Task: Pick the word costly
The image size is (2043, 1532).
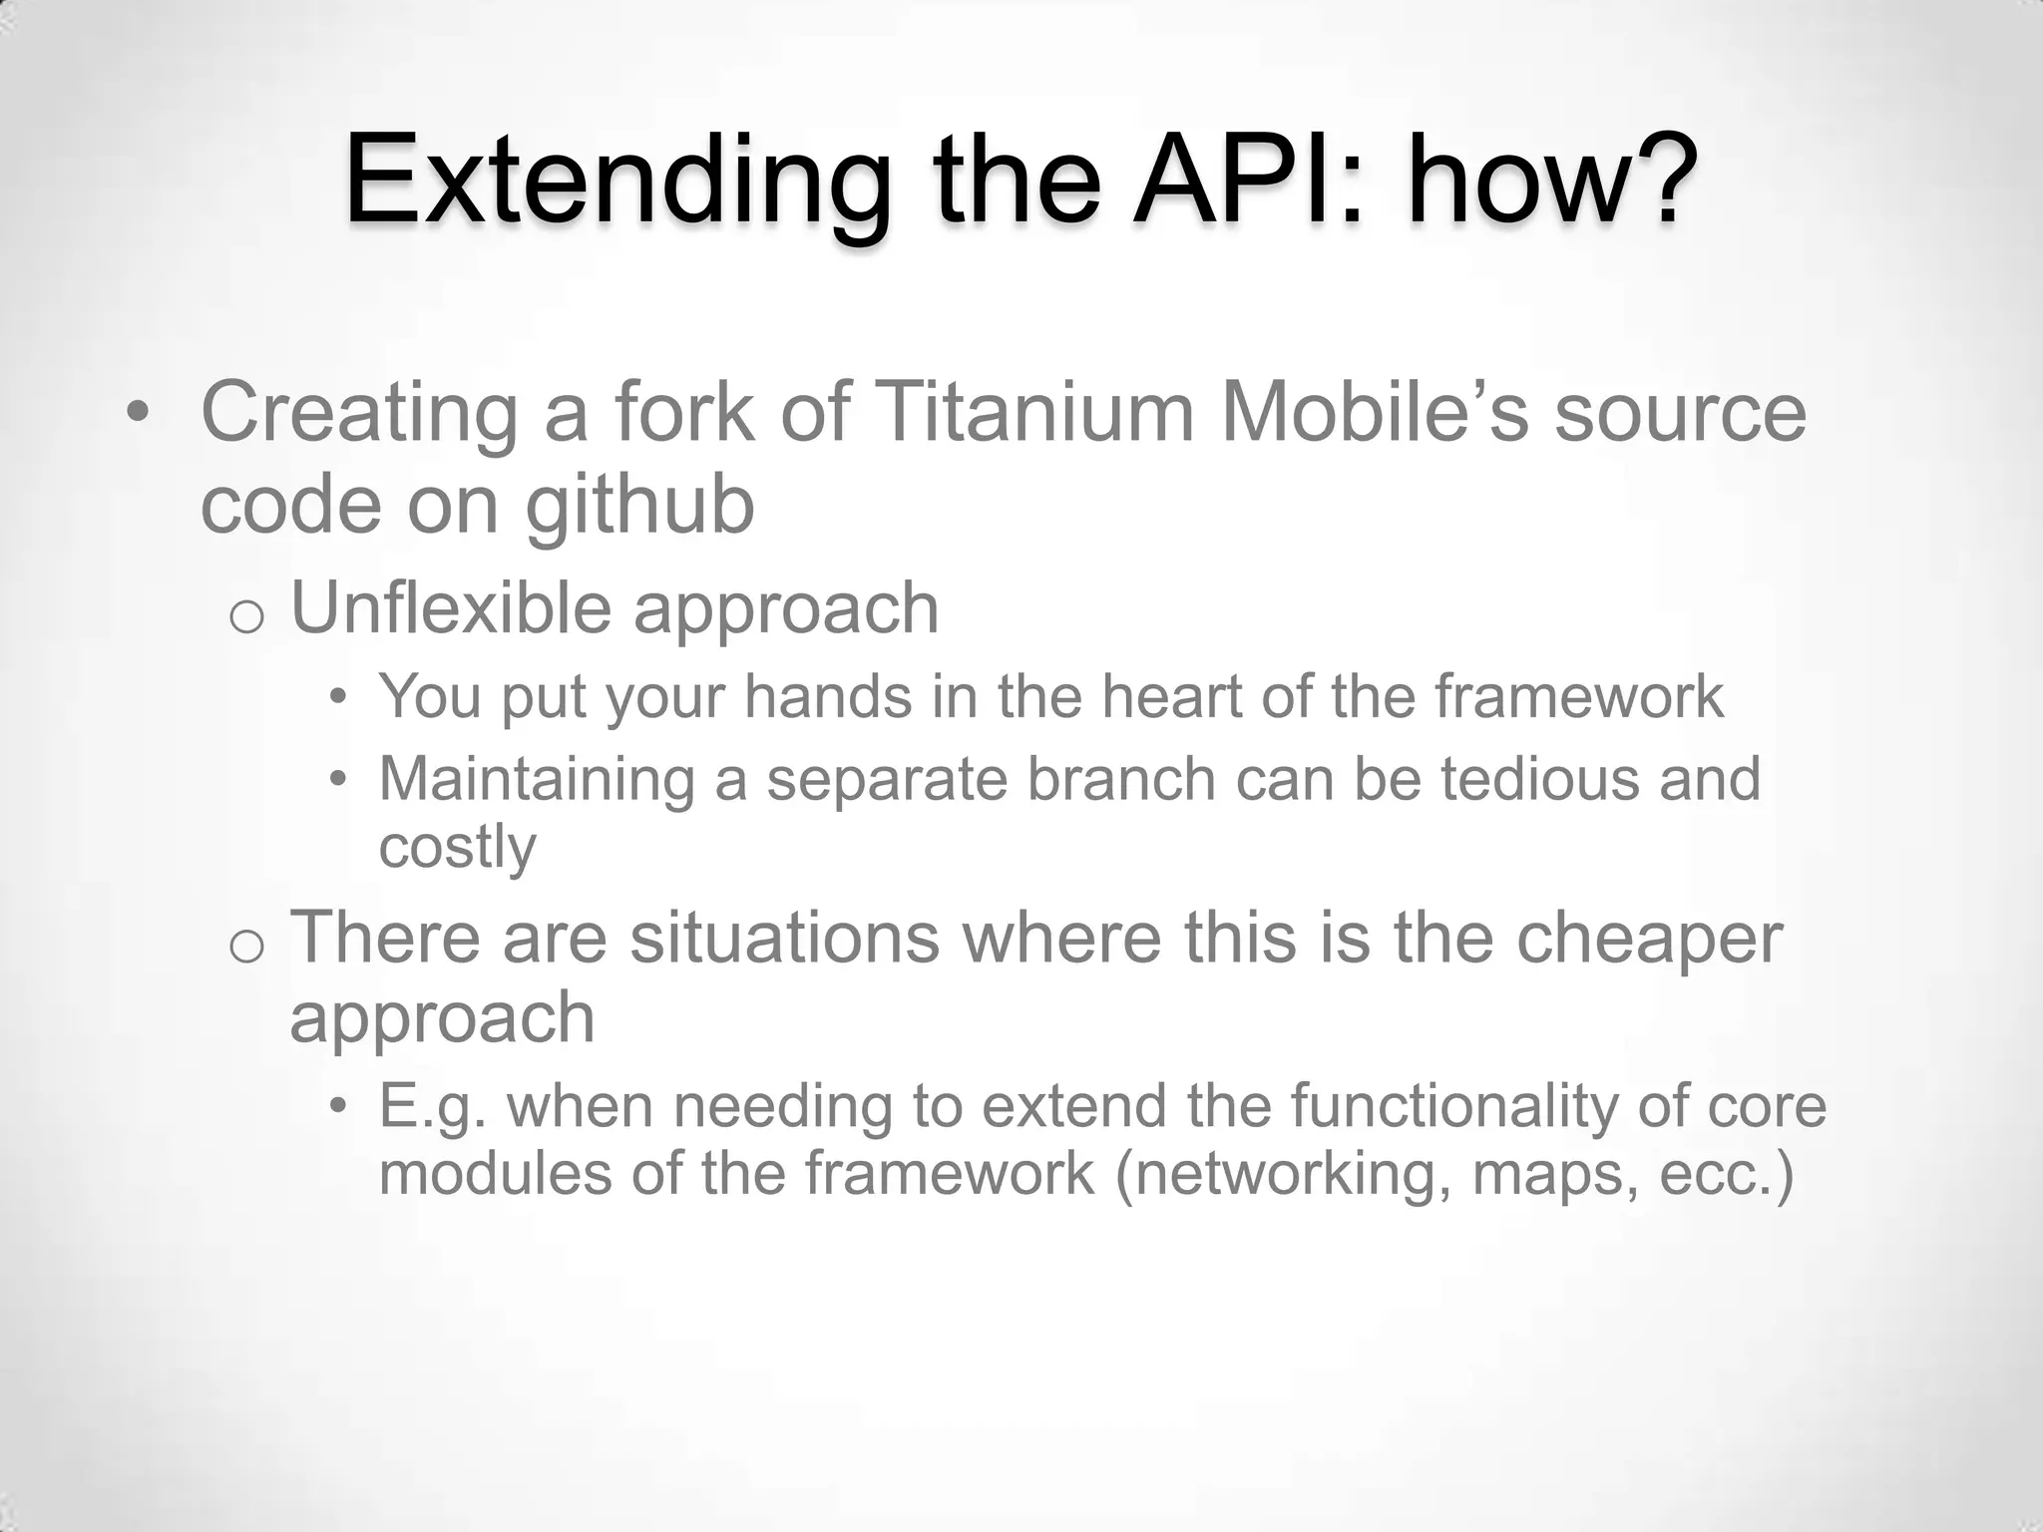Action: pyautogui.click(x=458, y=847)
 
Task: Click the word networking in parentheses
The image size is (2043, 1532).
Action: pyautogui.click(x=1283, y=1173)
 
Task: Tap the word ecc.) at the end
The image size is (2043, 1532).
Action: pyautogui.click(x=1727, y=1173)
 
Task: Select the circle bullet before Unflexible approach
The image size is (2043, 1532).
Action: pyautogui.click(x=245, y=618)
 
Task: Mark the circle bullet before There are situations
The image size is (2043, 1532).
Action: pyautogui.click(x=245, y=948)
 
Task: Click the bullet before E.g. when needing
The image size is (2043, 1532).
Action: pyautogui.click(x=339, y=1105)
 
